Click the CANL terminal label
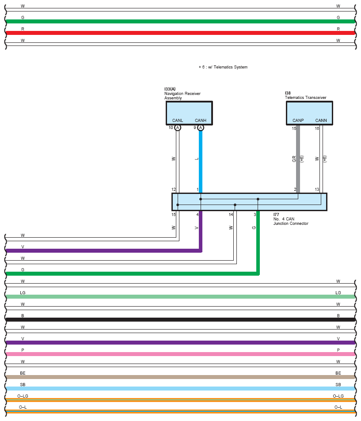178,121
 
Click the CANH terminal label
201,121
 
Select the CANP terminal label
298,121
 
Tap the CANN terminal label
321,121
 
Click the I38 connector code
288,93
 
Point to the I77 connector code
276,215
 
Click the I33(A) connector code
170,89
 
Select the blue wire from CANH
201,162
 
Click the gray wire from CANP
298,159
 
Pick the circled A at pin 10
178,128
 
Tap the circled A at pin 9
201,128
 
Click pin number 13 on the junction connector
317,190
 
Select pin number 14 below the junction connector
231,215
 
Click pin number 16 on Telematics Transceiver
317,129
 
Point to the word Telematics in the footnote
222,67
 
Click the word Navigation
175,94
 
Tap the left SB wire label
23,385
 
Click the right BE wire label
338,373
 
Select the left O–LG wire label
23,396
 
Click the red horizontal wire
180,33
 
